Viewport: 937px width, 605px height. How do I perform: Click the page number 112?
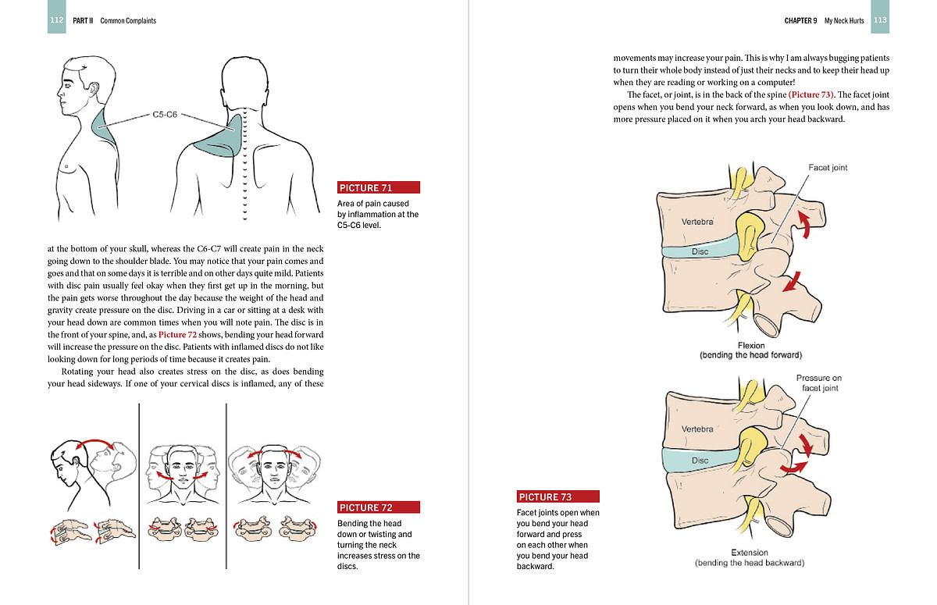point(56,20)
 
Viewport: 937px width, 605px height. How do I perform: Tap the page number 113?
point(880,20)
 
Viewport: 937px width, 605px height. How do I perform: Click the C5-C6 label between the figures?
point(165,115)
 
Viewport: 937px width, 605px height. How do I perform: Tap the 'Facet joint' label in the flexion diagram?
point(828,168)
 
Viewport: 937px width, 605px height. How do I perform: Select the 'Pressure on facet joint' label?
point(819,383)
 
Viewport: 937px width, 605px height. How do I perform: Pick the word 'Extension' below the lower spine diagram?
point(750,553)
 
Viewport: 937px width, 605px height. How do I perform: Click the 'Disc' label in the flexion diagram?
point(700,252)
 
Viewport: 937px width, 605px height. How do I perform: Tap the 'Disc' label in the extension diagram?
point(700,461)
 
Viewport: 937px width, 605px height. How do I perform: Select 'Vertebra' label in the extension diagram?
point(697,429)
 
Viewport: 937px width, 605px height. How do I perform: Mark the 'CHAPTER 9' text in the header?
point(800,20)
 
